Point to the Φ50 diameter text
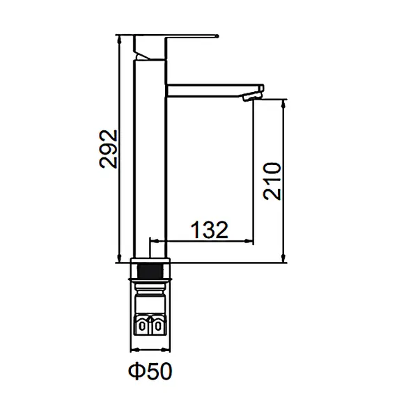(x=150, y=373)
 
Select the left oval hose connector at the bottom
(x=142, y=325)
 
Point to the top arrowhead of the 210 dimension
(x=283, y=102)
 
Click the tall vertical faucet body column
(x=148, y=160)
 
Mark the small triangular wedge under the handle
(x=144, y=52)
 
